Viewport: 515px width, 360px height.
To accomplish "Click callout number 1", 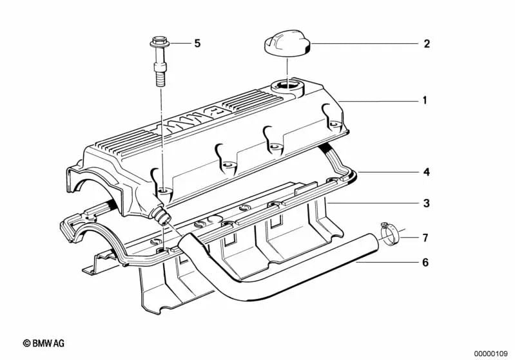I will [x=424, y=100].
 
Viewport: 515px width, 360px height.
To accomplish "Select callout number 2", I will [x=426, y=44].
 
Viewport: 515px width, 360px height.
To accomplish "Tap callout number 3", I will [x=426, y=204].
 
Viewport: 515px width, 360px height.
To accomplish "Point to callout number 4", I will [x=426, y=173].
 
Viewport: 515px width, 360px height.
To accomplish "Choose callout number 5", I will [x=197, y=44].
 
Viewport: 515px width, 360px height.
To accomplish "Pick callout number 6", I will [x=425, y=262].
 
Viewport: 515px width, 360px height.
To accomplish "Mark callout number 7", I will [x=425, y=238].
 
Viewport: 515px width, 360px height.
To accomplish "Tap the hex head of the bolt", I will [x=158, y=45].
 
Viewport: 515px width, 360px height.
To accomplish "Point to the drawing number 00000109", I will [x=492, y=353].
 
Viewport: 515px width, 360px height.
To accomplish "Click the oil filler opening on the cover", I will [x=287, y=84].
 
